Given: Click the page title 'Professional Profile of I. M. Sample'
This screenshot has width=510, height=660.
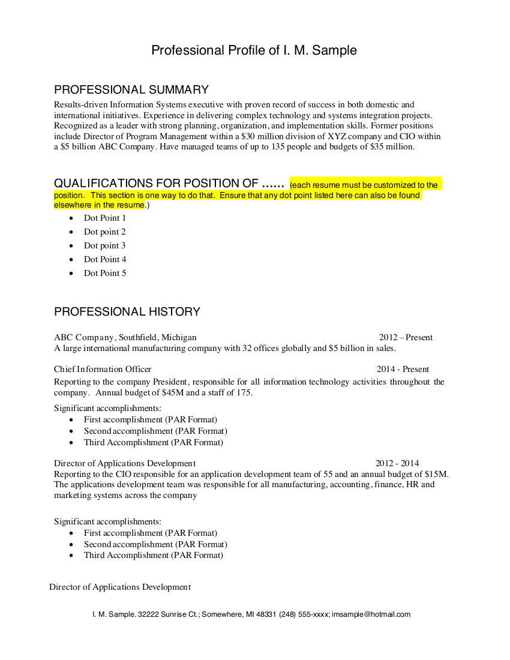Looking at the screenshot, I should pos(254,50).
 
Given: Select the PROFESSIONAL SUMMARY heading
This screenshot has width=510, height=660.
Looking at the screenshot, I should pos(131,90).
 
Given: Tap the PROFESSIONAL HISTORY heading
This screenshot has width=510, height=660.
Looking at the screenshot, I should pos(127,312).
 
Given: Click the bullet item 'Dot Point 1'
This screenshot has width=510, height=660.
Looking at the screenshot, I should pos(105,218).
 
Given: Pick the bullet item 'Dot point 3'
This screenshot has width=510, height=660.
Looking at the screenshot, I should pos(105,245).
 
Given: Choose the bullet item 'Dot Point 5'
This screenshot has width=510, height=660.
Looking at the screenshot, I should pos(105,273).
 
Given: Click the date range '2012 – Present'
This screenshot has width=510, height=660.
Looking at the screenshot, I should pos(406,337).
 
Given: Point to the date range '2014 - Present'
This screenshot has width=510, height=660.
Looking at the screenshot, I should pos(403,369).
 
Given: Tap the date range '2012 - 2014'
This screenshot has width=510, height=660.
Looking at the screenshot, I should pos(397,463).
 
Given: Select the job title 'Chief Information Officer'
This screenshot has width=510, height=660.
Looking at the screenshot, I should pos(103,369).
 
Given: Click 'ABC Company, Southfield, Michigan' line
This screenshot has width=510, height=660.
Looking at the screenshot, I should pos(125,337).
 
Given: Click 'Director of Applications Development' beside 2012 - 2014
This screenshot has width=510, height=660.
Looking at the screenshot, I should pos(125,463).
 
